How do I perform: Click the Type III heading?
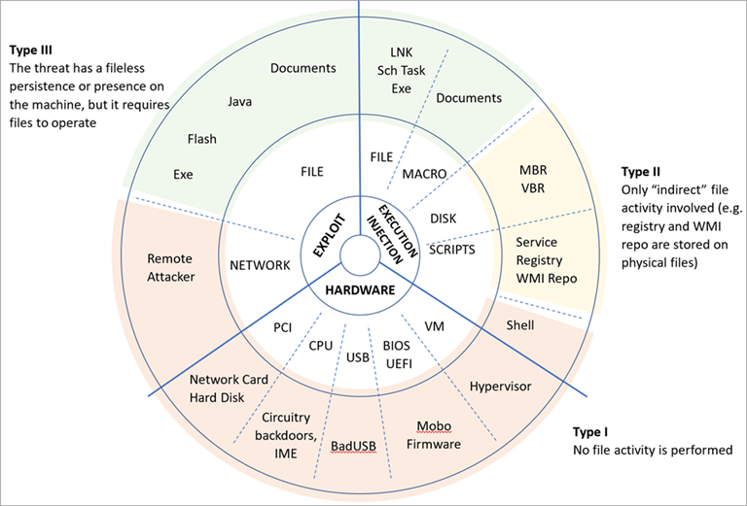[30, 49]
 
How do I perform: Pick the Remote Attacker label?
[171, 267]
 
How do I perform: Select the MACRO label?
[424, 174]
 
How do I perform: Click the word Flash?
[202, 138]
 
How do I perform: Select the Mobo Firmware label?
[435, 435]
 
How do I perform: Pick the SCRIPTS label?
[452, 250]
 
